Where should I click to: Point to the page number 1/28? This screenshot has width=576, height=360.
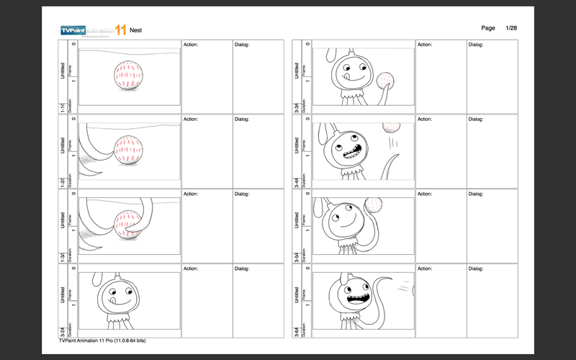(512, 27)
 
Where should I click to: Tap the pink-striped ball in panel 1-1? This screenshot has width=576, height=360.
(127, 75)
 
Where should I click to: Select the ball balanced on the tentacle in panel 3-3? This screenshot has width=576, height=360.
(387, 78)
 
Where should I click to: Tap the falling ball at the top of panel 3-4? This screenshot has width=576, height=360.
(391, 127)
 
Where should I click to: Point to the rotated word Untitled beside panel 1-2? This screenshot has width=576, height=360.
(63, 145)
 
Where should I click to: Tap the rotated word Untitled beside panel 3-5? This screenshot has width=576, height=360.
(297, 220)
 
